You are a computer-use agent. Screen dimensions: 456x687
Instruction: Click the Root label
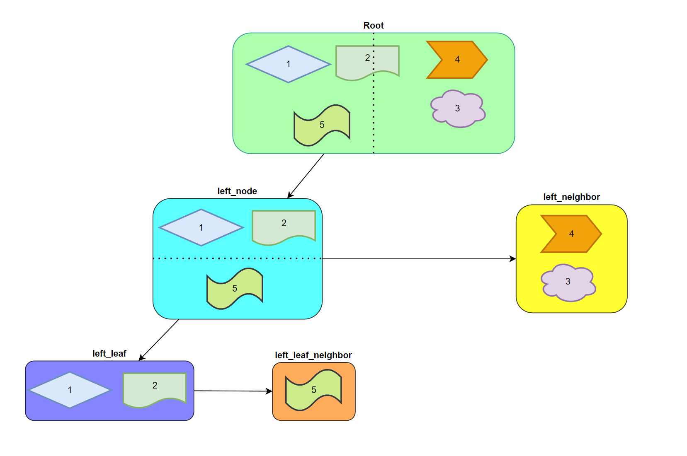click(374, 26)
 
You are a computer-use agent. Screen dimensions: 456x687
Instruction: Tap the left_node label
click(237, 191)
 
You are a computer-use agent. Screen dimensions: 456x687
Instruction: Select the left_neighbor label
click(571, 197)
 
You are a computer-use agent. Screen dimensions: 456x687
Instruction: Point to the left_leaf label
click(109, 354)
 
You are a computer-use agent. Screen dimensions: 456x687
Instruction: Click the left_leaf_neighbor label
click(313, 355)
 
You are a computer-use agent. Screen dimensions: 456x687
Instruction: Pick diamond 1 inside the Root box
click(288, 64)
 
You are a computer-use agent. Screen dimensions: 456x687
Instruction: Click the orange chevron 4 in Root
click(457, 60)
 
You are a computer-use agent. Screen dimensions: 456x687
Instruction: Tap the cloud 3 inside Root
click(458, 109)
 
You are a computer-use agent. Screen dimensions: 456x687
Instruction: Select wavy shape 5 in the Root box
click(322, 125)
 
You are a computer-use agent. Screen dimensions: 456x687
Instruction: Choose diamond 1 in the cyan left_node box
click(201, 227)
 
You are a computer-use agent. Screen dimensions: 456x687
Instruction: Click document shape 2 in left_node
click(284, 226)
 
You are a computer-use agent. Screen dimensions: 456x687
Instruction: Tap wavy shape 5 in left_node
click(235, 288)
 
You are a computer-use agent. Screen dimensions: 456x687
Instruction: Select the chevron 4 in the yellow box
click(571, 234)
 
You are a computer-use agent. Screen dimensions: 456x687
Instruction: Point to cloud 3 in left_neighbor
click(568, 282)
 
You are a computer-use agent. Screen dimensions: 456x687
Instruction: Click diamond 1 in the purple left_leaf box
click(70, 390)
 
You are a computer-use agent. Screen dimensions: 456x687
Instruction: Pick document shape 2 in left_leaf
click(155, 388)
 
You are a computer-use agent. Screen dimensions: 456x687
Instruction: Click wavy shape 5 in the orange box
click(314, 390)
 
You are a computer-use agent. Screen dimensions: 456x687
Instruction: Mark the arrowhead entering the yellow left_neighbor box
click(513, 259)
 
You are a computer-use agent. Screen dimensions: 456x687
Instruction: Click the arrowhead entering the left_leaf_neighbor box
click(269, 391)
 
